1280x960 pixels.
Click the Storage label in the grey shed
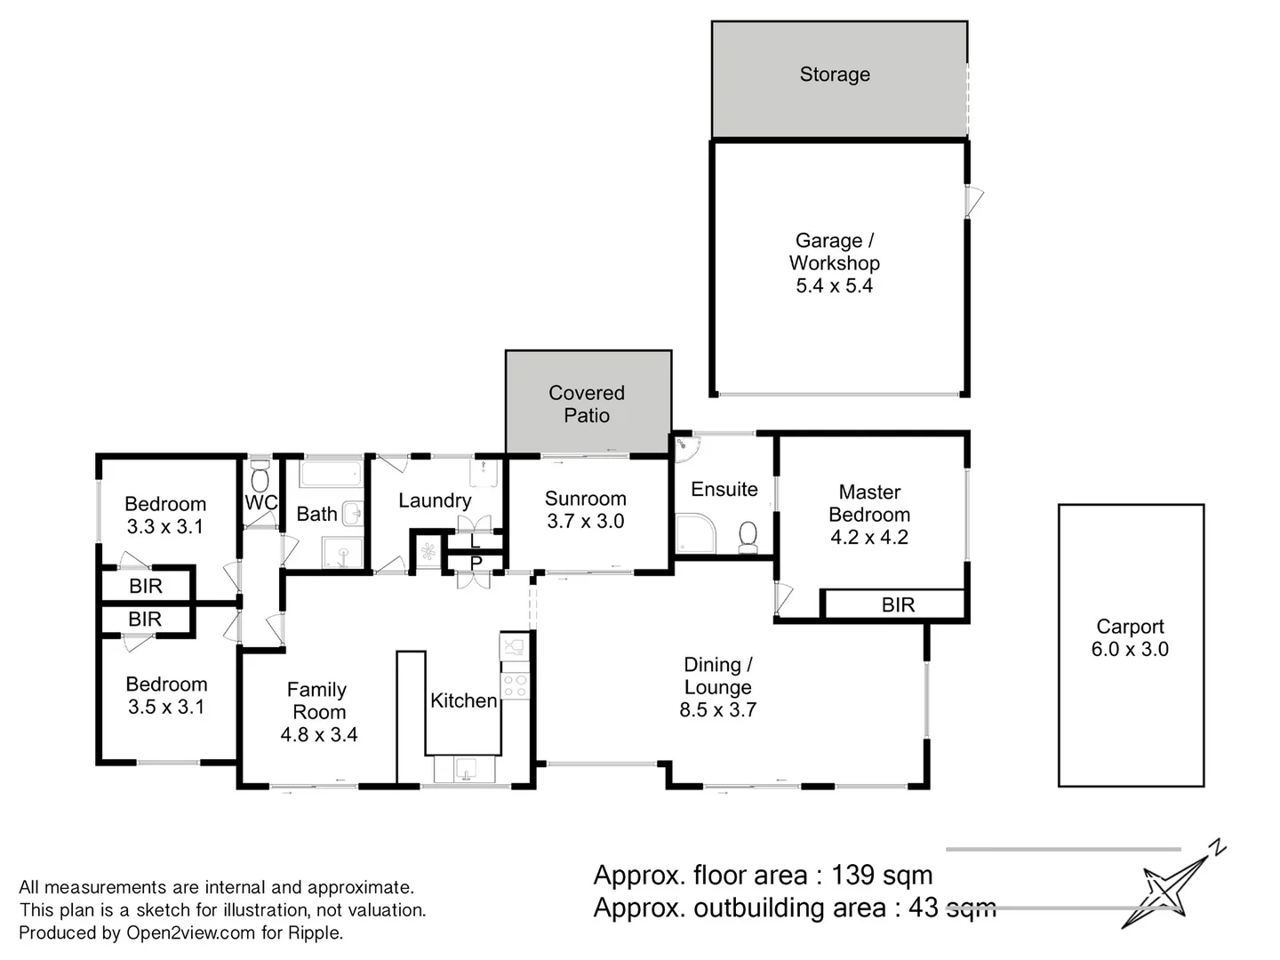[835, 75]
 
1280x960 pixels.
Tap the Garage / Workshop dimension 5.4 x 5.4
[834, 286]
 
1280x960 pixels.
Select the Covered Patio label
[587, 404]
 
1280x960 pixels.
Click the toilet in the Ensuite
[748, 536]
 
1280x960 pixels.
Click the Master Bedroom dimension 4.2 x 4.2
[869, 538]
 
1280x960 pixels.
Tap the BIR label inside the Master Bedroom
[898, 605]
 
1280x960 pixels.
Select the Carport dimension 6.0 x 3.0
[1130, 650]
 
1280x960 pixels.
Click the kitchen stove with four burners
[515, 685]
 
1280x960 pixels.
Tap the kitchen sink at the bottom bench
[465, 769]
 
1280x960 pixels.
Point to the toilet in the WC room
[260, 477]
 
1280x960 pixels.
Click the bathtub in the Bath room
[331, 472]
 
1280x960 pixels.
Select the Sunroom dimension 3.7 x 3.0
[586, 522]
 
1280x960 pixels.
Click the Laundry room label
[435, 500]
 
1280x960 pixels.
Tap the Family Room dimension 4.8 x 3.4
[319, 735]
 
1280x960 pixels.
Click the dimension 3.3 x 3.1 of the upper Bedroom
[165, 527]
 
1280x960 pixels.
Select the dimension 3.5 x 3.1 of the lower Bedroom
[166, 708]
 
